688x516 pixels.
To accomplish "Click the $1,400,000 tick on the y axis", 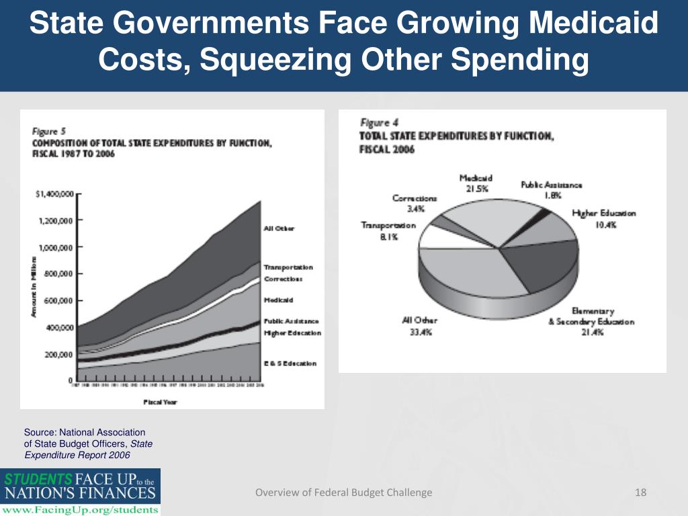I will (x=54, y=194).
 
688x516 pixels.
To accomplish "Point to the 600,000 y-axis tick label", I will (x=58, y=300).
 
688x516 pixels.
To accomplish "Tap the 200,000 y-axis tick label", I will (x=58, y=354).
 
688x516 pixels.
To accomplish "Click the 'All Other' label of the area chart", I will (x=278, y=228).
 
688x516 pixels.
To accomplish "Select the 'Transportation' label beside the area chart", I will (x=288, y=267).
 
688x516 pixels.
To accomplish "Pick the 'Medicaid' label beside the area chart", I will (x=278, y=300).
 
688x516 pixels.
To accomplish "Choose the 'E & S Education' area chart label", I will (x=290, y=363).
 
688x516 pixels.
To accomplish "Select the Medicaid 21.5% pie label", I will (x=476, y=183).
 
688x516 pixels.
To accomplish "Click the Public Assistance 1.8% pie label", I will (x=552, y=189).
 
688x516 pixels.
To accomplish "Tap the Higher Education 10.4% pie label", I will (x=603, y=218).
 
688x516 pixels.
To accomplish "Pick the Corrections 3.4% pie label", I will (x=415, y=204).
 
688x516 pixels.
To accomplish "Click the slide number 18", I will (x=640, y=492).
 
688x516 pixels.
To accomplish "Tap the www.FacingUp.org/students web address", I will (x=81, y=509).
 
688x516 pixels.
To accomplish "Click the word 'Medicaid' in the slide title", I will (x=594, y=26).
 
